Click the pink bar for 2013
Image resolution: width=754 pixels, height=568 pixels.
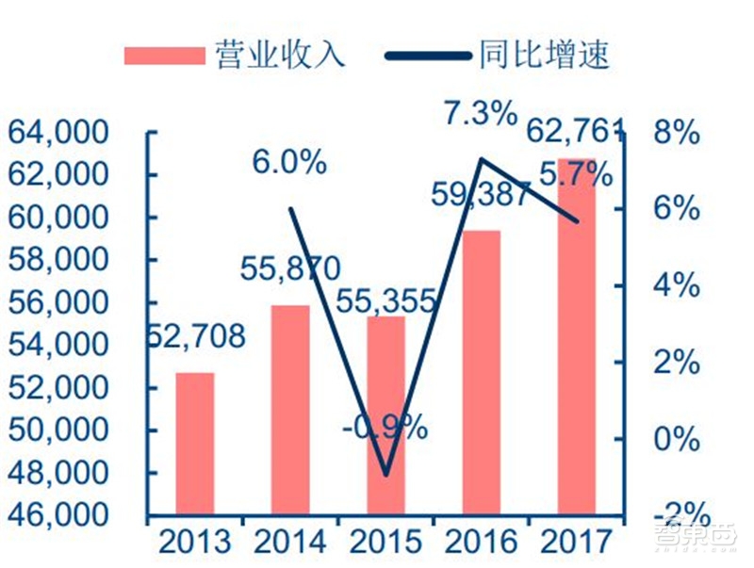pyautogui.click(x=195, y=444)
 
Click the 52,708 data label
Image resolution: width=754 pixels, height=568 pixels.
pyautogui.click(x=195, y=335)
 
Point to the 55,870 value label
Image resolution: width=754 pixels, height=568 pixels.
pyautogui.click(x=289, y=270)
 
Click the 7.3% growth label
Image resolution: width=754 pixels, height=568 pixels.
pyautogui.click(x=481, y=114)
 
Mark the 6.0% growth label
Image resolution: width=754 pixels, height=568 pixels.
pyautogui.click(x=288, y=162)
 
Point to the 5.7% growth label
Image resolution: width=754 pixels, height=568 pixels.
pyautogui.click(x=576, y=174)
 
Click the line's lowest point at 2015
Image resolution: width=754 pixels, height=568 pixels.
pyautogui.click(x=385, y=475)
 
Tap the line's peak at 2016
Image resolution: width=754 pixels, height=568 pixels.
pyautogui.click(x=481, y=158)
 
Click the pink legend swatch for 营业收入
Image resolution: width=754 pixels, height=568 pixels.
pyautogui.click(x=164, y=54)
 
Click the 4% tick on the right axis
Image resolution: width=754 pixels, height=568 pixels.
pyautogui.click(x=675, y=285)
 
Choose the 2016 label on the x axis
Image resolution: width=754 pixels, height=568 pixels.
pyautogui.click(x=481, y=543)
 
